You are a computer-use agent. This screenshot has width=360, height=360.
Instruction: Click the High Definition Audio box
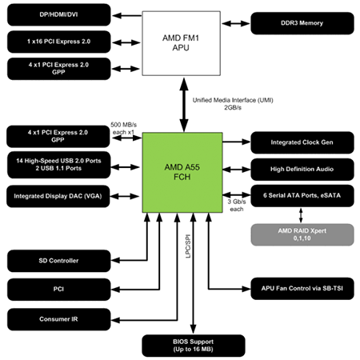301,169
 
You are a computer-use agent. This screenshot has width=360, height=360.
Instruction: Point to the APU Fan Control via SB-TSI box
301,286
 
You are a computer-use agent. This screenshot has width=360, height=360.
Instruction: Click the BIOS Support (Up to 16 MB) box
194,345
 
